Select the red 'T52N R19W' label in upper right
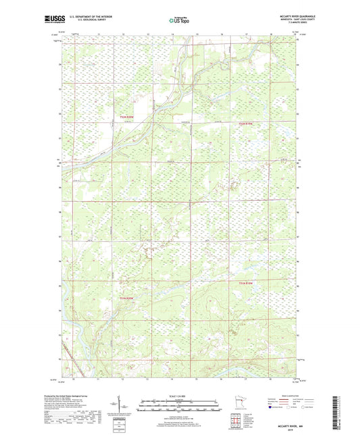click(x=246, y=124)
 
